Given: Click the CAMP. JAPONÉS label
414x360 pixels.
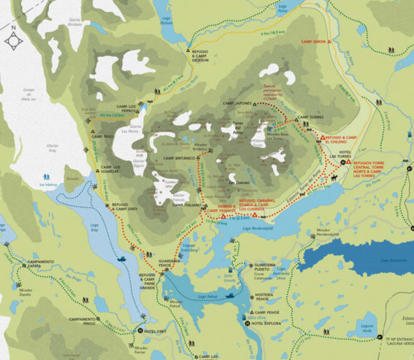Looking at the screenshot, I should [237, 104].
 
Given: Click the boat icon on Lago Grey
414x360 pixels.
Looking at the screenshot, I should [122, 259].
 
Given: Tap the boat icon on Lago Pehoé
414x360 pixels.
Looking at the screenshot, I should [229, 296].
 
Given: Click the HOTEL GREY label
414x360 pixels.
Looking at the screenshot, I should [155, 331].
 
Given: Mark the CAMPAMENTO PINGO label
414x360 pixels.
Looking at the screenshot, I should [82, 321].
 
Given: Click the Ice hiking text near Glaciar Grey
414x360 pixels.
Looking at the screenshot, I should [49, 185].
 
